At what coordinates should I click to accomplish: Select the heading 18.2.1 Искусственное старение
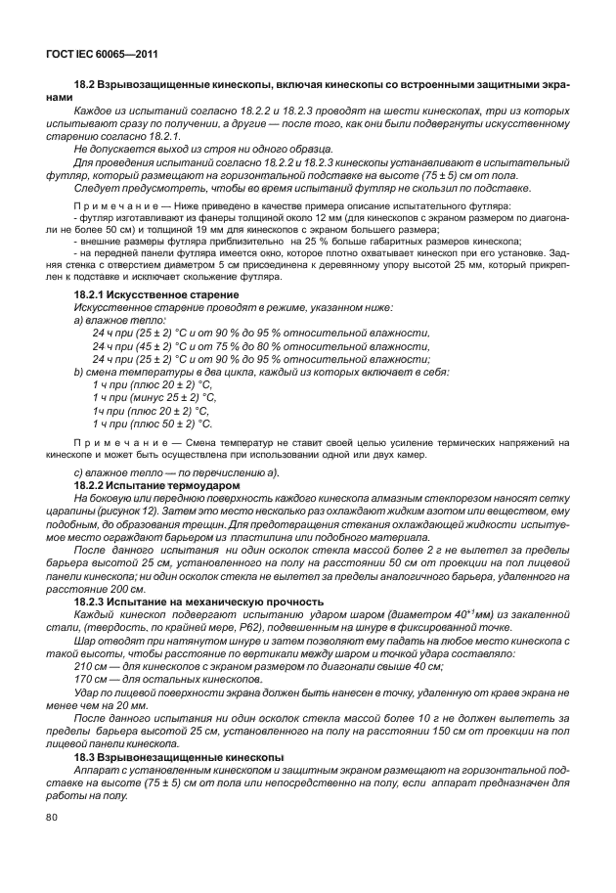(156, 294)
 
